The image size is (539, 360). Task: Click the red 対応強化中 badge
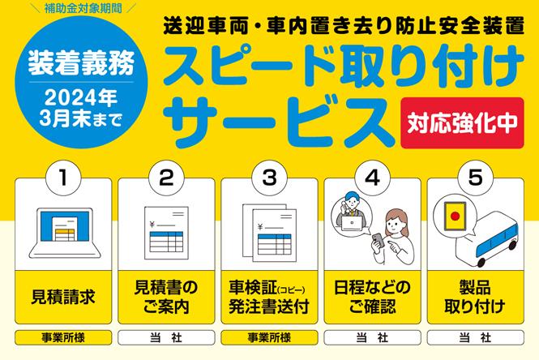pyautogui.click(x=462, y=122)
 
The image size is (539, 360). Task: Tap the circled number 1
pyautogui.click(x=63, y=178)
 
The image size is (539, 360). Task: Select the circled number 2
pyautogui.click(x=166, y=178)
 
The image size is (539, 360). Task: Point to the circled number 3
pyautogui.click(x=269, y=178)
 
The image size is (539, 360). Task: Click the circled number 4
pyautogui.click(x=373, y=178)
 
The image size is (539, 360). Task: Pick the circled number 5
pyautogui.click(x=476, y=178)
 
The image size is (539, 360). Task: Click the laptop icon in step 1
pyautogui.click(x=65, y=233)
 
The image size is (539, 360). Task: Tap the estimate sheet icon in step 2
pyautogui.click(x=166, y=233)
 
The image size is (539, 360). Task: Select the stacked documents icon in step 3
pyautogui.click(x=269, y=234)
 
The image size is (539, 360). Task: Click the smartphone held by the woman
pyautogui.click(x=379, y=240)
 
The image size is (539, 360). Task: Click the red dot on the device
pyautogui.click(x=456, y=216)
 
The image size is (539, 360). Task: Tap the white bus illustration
pyautogui.click(x=487, y=241)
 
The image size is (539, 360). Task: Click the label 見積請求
pyautogui.click(x=63, y=297)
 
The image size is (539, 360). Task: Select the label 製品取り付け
pyautogui.click(x=476, y=297)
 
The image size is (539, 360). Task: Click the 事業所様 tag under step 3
pyautogui.click(x=269, y=337)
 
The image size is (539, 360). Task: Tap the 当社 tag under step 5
pyautogui.click(x=476, y=337)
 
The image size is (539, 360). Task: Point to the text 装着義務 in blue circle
pyautogui.click(x=81, y=63)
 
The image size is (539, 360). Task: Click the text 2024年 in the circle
pyautogui.click(x=81, y=97)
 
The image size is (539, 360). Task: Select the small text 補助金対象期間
pyautogui.click(x=83, y=8)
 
